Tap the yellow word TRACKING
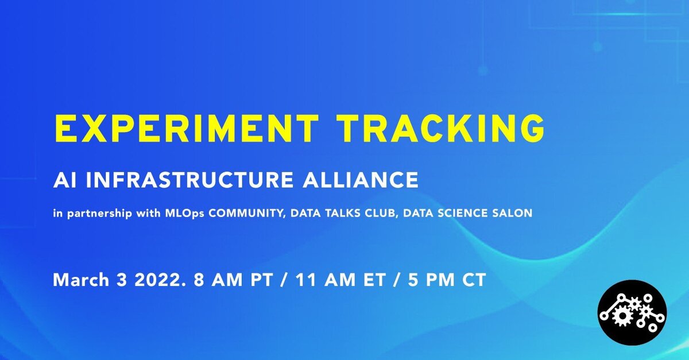(x=440, y=127)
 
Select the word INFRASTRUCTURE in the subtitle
(x=189, y=180)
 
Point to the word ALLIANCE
(x=360, y=180)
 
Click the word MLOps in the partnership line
(x=184, y=213)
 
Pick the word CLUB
(x=381, y=213)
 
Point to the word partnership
(x=99, y=214)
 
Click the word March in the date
(x=81, y=280)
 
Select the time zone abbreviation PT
(x=262, y=280)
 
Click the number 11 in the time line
(x=305, y=280)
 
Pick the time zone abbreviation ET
(x=374, y=280)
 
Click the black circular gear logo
(x=632, y=312)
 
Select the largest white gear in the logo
(x=622, y=316)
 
